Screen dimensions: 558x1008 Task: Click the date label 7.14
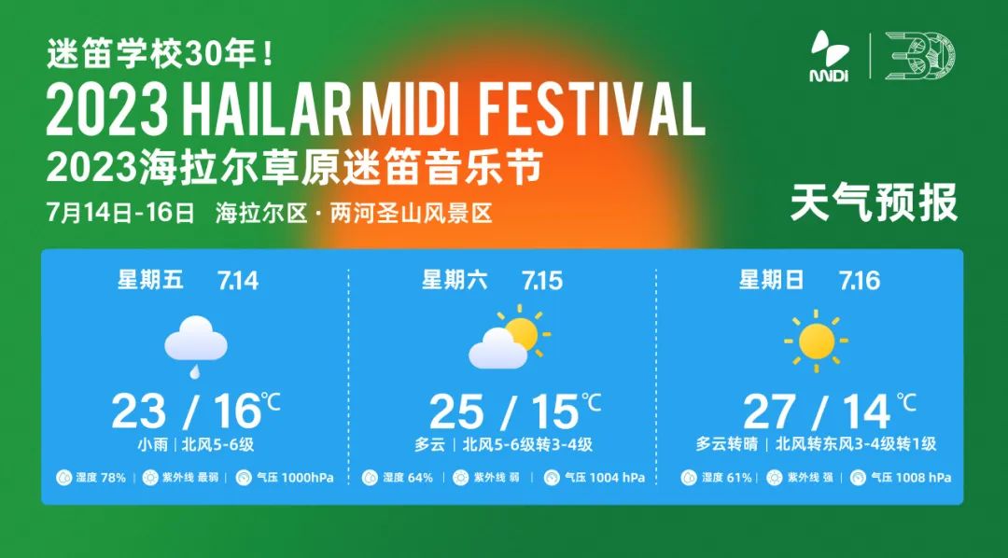point(237,280)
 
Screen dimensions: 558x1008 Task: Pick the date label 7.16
point(859,280)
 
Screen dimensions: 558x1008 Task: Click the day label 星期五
point(151,279)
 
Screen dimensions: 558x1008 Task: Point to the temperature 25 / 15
point(509,412)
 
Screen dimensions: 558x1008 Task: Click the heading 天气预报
point(874,203)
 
